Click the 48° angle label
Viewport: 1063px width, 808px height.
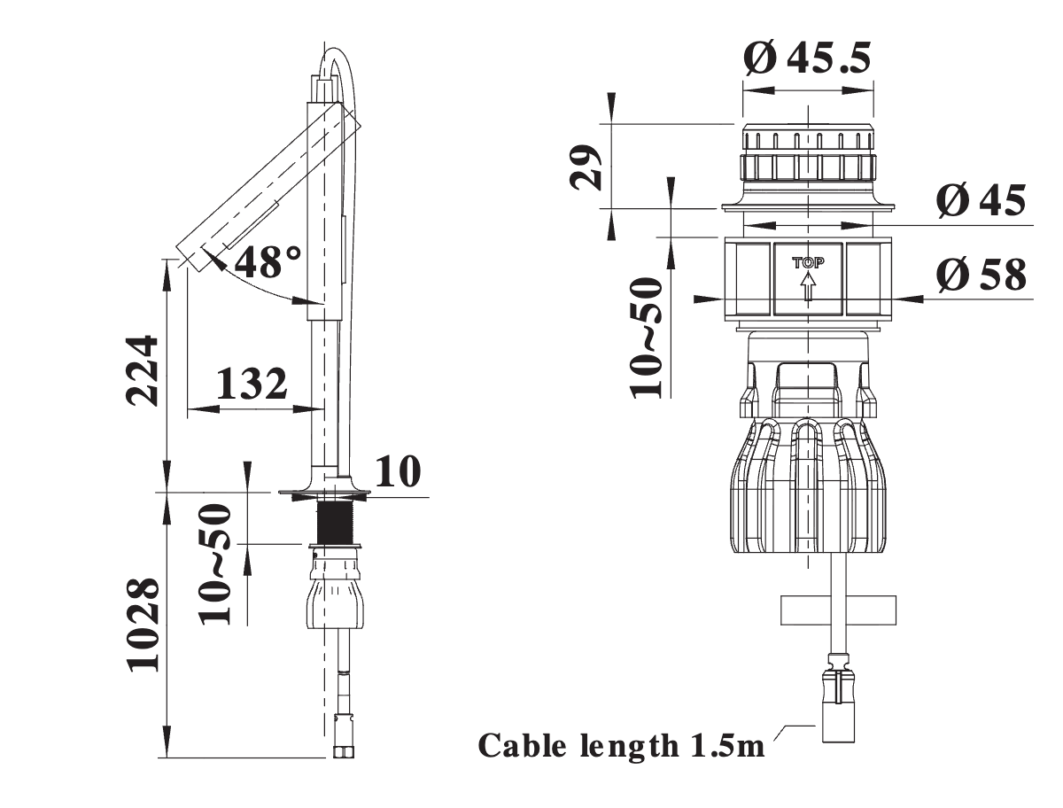pos(268,262)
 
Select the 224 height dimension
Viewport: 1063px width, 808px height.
pos(142,370)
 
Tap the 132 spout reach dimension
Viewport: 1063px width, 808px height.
pos(251,384)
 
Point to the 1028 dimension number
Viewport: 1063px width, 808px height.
pos(144,625)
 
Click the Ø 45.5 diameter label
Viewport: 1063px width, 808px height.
pos(807,58)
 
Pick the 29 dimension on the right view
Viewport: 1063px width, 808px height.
pos(586,167)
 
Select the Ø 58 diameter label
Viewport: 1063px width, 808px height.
pos(982,275)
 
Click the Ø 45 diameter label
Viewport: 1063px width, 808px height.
pos(982,200)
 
